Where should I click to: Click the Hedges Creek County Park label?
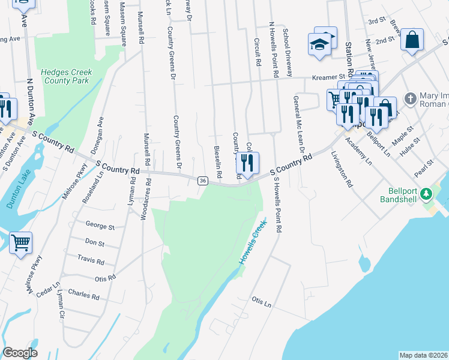click(66, 76)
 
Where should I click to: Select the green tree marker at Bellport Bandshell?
click(426, 194)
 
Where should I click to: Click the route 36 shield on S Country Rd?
click(203, 180)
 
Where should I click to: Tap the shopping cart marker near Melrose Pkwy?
click(20, 243)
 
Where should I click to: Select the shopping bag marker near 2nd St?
click(412, 40)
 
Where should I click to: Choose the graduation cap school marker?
click(319, 44)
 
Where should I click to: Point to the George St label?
click(100, 227)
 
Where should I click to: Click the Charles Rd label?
click(83, 295)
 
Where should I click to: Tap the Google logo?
click(20, 353)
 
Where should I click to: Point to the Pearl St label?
click(427, 164)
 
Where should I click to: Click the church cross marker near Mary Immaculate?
click(410, 98)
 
